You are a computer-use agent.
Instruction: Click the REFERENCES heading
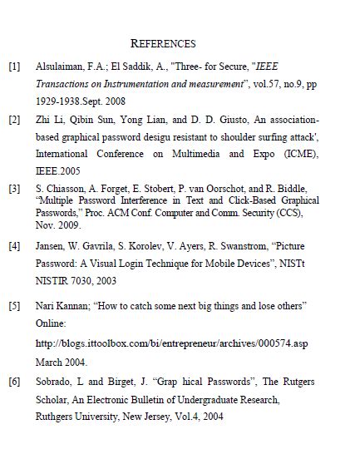(163, 43)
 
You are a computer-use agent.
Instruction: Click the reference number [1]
(14, 66)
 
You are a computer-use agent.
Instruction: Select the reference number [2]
(14, 120)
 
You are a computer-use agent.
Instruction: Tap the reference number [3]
(14, 189)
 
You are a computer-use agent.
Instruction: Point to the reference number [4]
(14, 247)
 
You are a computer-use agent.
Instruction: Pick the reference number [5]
(14, 306)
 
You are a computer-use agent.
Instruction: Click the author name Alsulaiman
(59, 66)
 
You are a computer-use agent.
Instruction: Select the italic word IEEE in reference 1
(267, 66)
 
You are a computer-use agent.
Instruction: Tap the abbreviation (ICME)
(302, 154)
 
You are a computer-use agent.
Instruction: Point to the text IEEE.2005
(57, 170)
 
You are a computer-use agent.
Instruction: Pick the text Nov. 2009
(58, 224)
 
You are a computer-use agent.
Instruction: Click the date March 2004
(62, 362)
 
